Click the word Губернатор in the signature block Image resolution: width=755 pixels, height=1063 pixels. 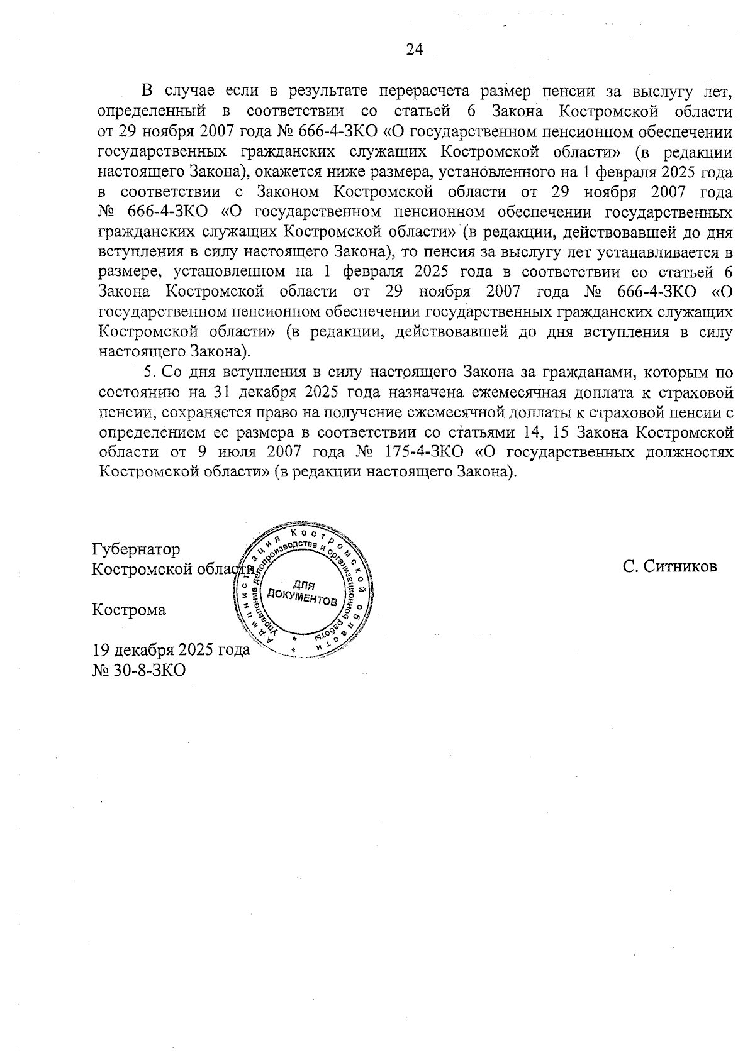136,549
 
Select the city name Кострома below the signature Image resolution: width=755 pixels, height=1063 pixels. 129,610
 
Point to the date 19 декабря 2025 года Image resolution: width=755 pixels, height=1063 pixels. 171,650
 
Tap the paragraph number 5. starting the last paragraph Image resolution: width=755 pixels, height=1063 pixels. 150,372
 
